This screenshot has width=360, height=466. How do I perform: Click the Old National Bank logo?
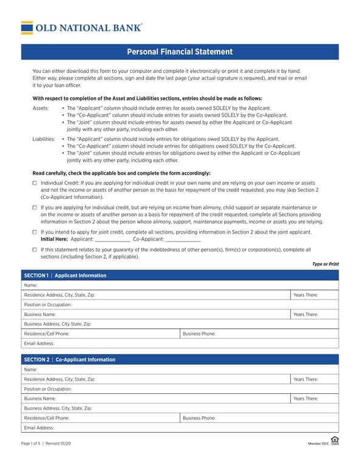tap(82, 27)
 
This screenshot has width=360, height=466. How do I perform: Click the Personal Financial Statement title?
tap(180, 52)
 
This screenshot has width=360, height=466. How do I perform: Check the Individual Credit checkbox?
tap(35, 183)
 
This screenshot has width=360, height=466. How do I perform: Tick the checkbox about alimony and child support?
tap(35, 208)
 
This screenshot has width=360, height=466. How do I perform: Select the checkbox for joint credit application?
tap(35, 232)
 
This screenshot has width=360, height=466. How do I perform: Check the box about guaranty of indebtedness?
tap(35, 249)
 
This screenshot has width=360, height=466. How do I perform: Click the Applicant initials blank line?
tap(112, 239)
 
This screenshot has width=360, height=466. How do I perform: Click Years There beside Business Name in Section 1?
tap(314, 314)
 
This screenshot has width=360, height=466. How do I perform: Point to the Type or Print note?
tap(325, 264)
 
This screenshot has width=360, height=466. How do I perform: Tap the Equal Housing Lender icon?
tap(335, 440)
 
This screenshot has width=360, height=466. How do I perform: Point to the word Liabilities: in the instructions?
tap(44, 139)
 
